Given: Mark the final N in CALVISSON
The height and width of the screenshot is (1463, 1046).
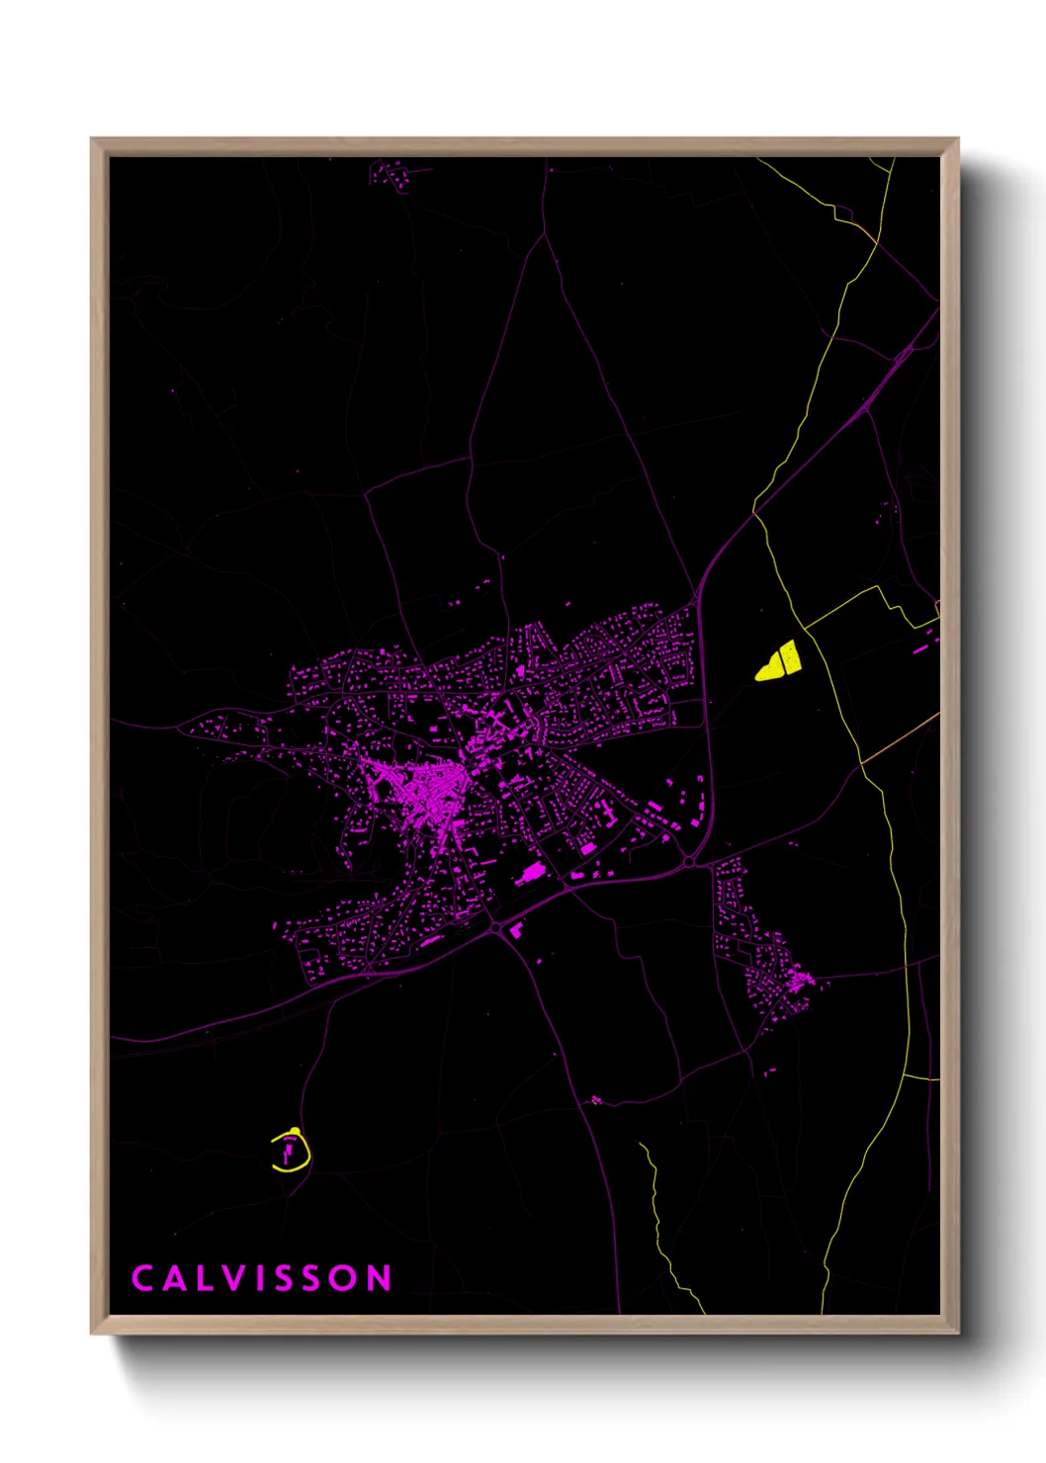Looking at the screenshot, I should pos(380,1278).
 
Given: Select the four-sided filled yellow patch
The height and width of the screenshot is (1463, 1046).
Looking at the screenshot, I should pos(787,656).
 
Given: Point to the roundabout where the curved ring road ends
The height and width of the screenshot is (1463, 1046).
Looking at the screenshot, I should pos(689,862).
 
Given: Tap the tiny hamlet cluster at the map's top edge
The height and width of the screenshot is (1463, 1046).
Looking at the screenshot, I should pos(390,175).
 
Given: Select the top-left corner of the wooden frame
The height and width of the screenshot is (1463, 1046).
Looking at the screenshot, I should pos(93,140).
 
